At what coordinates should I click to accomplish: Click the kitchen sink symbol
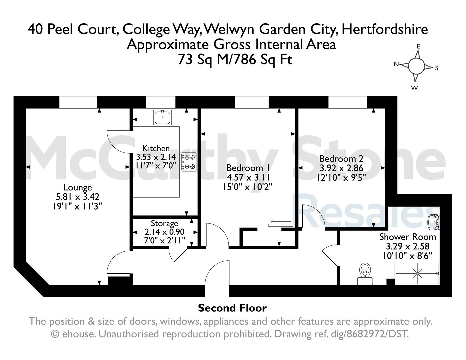[x=162, y=117]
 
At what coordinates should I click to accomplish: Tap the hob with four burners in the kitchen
[x=189, y=162]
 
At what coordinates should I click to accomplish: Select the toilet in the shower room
[x=365, y=274]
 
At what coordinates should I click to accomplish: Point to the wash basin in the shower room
[x=434, y=222]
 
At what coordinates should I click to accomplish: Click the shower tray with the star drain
[x=417, y=273]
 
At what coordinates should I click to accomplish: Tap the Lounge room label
[x=78, y=187]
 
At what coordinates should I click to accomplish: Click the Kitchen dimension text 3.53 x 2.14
[x=156, y=157]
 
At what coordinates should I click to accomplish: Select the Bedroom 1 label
[x=248, y=168]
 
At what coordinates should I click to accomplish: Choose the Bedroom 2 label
[x=341, y=159]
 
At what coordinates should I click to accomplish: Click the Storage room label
[x=164, y=223]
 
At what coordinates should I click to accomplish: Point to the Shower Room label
[x=408, y=237]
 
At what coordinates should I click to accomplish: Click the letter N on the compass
[x=396, y=64]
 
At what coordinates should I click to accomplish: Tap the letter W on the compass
[x=415, y=88]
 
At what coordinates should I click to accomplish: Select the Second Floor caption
[x=232, y=308]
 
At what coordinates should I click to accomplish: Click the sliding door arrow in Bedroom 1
[x=281, y=221]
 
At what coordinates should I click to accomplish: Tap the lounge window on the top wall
[x=78, y=102]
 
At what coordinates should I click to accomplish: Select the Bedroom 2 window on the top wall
[x=348, y=102]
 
